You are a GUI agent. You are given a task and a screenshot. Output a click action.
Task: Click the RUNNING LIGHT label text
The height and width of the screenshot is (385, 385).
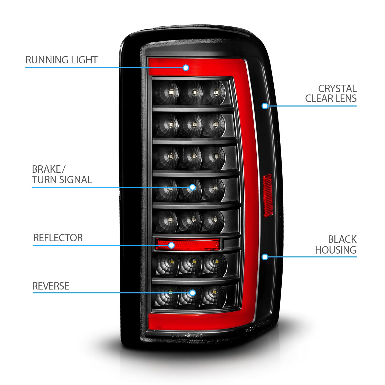coord(61,60)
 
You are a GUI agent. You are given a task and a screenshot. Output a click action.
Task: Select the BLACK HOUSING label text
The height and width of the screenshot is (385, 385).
coord(335,245)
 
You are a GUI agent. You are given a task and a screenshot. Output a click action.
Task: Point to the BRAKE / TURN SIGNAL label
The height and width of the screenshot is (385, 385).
coord(62,175)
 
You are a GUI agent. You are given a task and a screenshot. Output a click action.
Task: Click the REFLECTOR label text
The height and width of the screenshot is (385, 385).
coord(58,238)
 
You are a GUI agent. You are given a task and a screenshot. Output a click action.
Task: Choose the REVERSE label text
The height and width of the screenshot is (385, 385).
coord(51,286)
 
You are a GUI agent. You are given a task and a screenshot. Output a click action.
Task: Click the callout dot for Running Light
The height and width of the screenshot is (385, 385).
coord(186,68)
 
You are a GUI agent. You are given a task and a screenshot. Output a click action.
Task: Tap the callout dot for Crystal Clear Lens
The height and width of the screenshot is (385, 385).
coord(265,106)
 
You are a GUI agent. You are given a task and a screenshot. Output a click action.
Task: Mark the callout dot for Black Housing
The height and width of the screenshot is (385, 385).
coord(265,257)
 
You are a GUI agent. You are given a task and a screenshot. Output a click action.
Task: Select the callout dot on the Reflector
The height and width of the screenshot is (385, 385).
coord(171,245)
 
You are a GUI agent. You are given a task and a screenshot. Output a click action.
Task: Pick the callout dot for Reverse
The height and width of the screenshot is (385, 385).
coord(192,293)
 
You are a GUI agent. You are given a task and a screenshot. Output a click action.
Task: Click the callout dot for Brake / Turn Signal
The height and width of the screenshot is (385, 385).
coord(192,187)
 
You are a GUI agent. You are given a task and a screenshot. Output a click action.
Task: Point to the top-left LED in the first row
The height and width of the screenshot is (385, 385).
coord(170,92)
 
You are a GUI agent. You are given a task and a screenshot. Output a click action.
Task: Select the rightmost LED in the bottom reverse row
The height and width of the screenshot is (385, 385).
coord(214,293)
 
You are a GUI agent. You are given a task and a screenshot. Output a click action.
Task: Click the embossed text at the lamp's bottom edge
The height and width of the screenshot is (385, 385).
coord(187,335)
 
